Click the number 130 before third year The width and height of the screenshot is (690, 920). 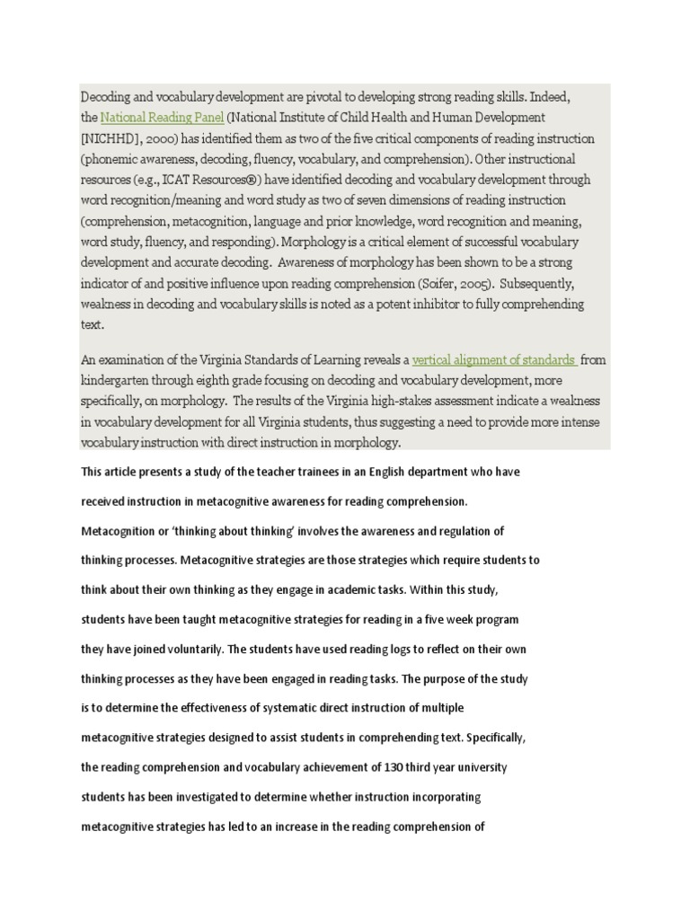(352, 768)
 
